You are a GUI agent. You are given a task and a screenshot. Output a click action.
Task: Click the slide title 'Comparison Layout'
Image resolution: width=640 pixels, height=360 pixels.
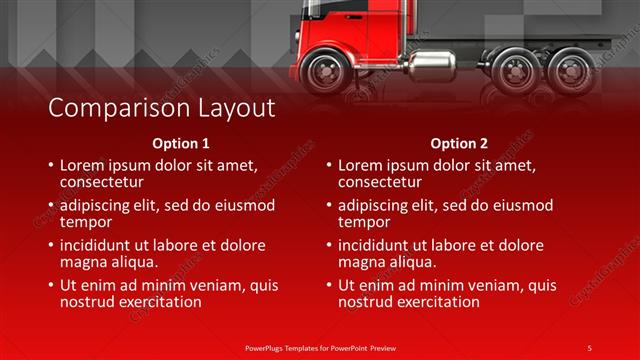pos(162,107)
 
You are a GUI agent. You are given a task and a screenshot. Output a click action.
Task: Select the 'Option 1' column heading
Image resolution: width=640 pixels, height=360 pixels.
pos(181,143)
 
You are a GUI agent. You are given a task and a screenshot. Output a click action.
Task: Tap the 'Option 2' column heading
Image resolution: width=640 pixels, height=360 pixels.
pos(459,143)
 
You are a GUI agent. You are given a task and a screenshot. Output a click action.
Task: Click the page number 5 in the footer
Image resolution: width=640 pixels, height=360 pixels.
pos(589,347)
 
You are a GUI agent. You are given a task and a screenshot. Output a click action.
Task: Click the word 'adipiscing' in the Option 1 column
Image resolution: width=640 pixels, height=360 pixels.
pos(97,206)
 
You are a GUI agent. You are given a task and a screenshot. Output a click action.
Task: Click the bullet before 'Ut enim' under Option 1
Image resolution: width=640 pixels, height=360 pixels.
pos(51,286)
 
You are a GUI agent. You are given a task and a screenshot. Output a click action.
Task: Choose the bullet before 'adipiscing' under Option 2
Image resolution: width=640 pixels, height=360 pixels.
pos(329,206)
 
